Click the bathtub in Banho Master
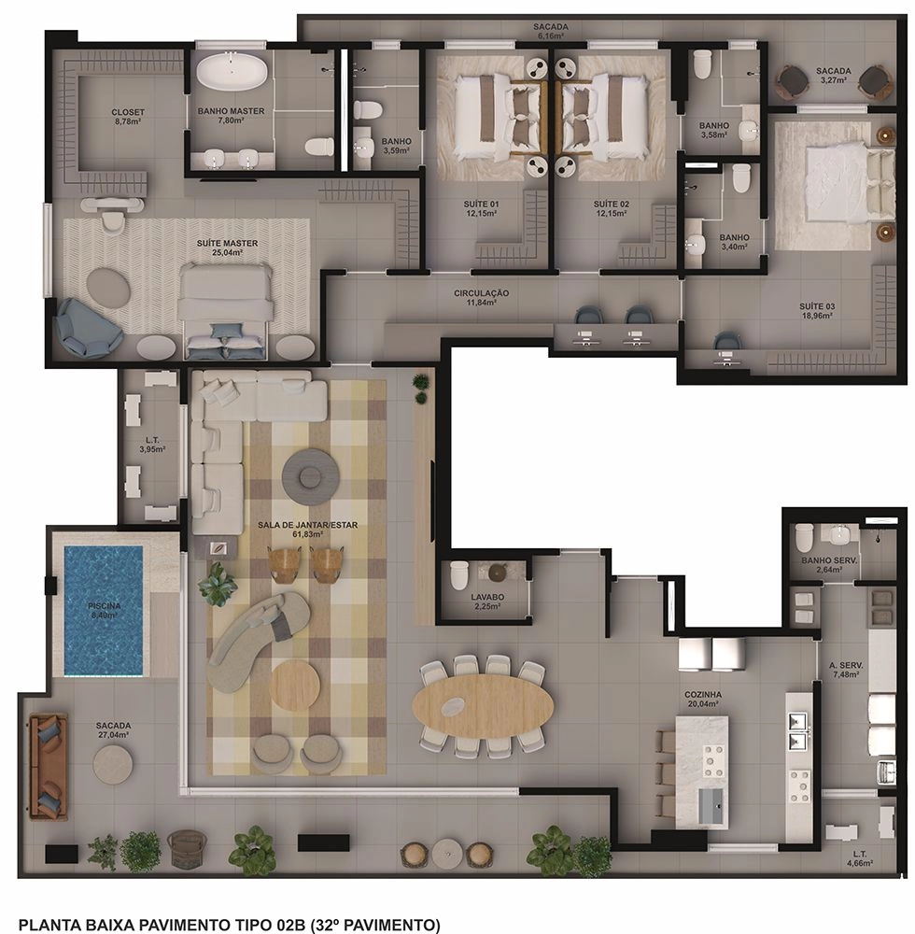232,72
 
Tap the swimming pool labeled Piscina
104,611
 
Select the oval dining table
484,707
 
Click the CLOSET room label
128,112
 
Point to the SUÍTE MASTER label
228,243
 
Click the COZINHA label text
703,695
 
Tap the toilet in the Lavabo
459,574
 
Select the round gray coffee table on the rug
310,474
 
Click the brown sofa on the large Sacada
49,767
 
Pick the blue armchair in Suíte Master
86,328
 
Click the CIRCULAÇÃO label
481,293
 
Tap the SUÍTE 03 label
817,306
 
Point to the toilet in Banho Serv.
804,537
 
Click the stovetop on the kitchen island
713,762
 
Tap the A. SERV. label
846,665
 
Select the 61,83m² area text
307,534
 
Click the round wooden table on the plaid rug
294,684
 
